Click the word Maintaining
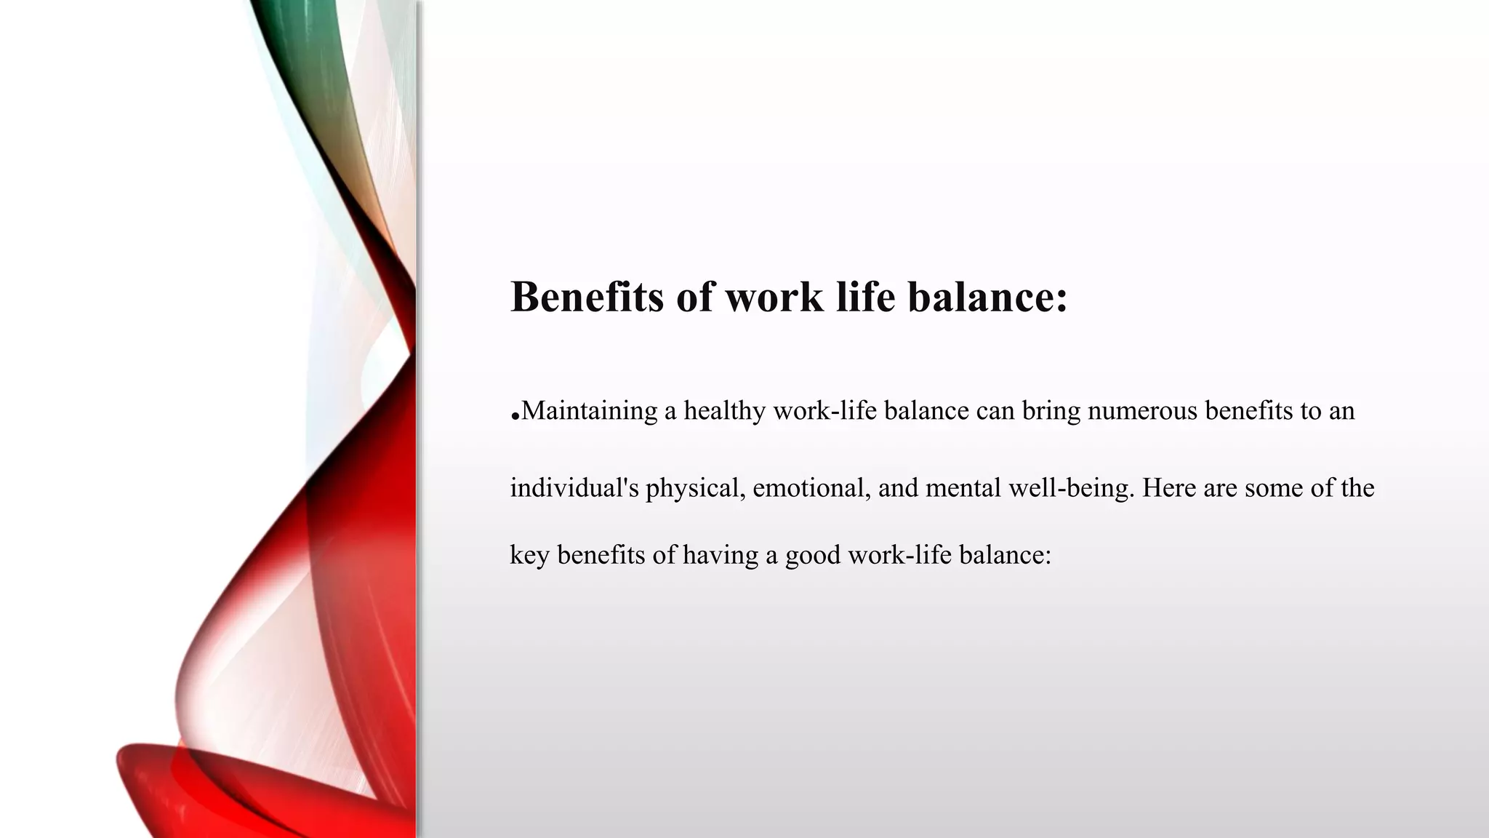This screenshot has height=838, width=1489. pos(589,411)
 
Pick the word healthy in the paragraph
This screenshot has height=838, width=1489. pos(724,411)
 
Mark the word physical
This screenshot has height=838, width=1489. pos(696,487)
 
